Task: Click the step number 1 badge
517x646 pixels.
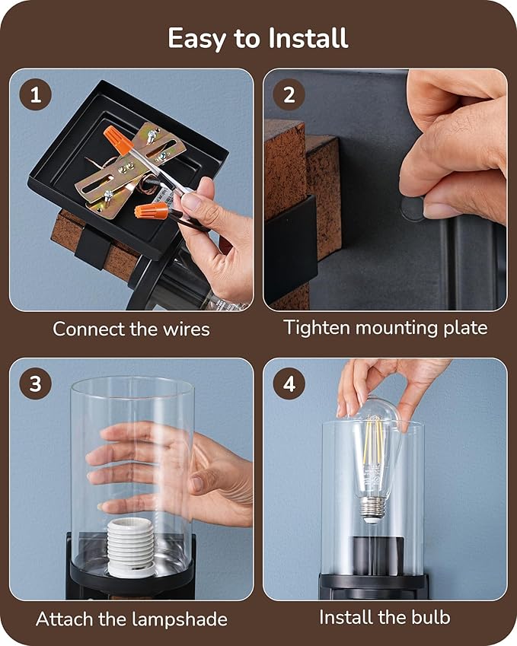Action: [x=36, y=95]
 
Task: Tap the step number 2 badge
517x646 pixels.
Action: [x=289, y=95]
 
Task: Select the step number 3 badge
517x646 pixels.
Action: [x=36, y=383]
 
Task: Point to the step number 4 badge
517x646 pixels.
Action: [x=289, y=383]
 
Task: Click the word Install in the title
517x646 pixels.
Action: [x=308, y=38]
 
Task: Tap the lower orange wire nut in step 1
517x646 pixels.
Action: [x=152, y=211]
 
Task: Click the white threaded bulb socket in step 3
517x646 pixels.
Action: [x=131, y=547]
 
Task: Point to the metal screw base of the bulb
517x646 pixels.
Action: [x=372, y=509]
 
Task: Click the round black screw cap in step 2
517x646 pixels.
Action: [x=412, y=209]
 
